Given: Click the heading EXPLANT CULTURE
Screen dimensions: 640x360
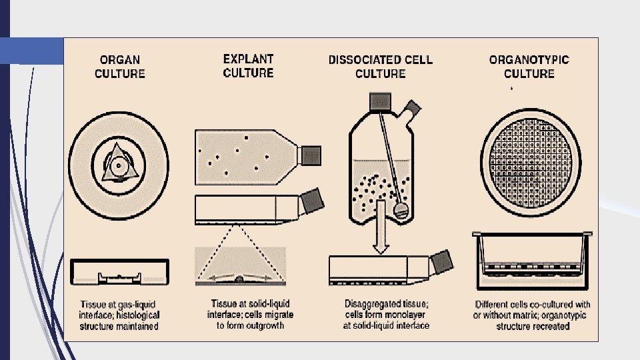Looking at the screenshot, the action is (248, 65).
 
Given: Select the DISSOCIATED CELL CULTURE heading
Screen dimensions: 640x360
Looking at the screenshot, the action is (380, 66).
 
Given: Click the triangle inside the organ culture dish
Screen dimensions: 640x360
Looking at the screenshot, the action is (117, 163).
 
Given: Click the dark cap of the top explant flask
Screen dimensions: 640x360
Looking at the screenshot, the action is (311, 155).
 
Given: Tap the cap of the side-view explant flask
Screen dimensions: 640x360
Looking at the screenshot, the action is (312, 199).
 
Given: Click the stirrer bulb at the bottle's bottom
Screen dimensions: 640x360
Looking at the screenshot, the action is (400, 209).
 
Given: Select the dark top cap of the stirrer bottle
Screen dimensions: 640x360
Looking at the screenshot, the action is (379, 101).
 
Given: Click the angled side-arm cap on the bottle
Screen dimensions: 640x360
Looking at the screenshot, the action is (412, 108).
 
